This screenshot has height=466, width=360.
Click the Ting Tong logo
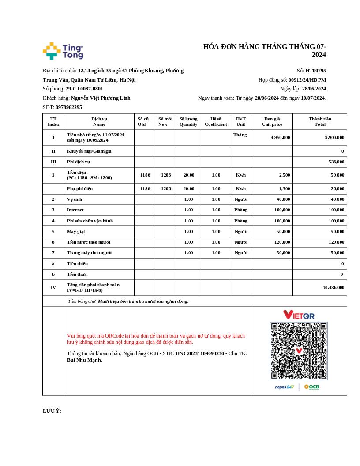pyautogui.click(x=63, y=51)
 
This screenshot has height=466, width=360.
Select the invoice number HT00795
pyautogui.click(x=315, y=71)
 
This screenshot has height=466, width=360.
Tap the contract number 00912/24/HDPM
pyautogui.click(x=307, y=80)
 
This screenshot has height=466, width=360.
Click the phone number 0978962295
pyautogui.click(x=69, y=107)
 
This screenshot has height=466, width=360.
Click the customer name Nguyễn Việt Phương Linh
pyautogui.click(x=101, y=98)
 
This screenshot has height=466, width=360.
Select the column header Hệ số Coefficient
pyautogui.click(x=216, y=121)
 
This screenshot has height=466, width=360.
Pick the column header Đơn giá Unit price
pyautogui.click(x=272, y=121)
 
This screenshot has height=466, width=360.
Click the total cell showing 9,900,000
pyautogui.click(x=334, y=137)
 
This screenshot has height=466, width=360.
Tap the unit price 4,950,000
pyautogui.click(x=280, y=137)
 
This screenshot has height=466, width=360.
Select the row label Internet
pyautogui.click(x=75, y=210)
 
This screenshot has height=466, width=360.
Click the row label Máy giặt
pyautogui.click(x=76, y=231)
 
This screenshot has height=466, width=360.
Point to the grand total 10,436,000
pyautogui.click(x=333, y=287)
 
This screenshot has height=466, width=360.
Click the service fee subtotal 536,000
pyautogui.click(x=336, y=162)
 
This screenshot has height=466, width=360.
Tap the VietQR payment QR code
pyautogui.click(x=299, y=351)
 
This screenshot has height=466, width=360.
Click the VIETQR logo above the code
pyautogui.click(x=299, y=315)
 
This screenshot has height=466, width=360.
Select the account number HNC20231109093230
pyautogui.click(x=199, y=353)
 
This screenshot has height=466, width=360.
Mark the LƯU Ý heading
pyautogui.click(x=52, y=411)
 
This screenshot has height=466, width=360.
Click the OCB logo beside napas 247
pyautogui.click(x=311, y=387)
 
